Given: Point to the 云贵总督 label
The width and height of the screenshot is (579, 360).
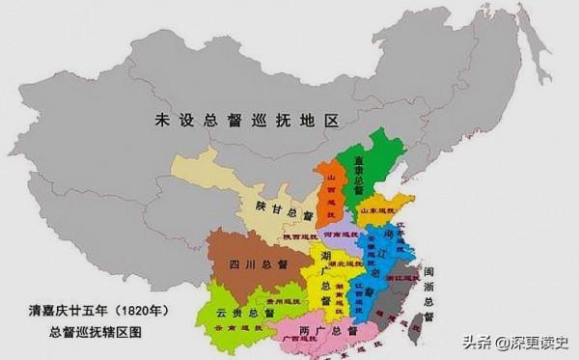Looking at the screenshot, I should click(x=237, y=314).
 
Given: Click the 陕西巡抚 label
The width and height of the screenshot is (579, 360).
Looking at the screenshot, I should click(x=300, y=236).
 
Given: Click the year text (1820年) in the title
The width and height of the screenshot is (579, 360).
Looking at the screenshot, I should click(x=143, y=311).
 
